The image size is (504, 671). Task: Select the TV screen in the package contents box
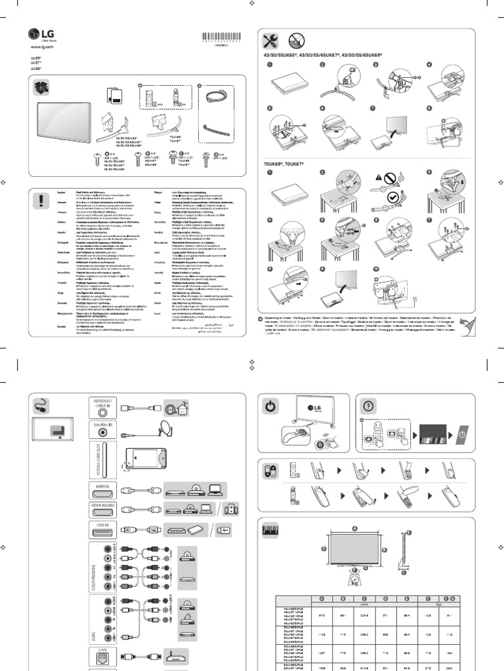pyautogui.click(x=61, y=123)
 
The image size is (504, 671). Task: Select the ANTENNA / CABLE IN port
pyautogui.click(x=101, y=407)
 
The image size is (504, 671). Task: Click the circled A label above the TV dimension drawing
pyautogui.click(x=354, y=527)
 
